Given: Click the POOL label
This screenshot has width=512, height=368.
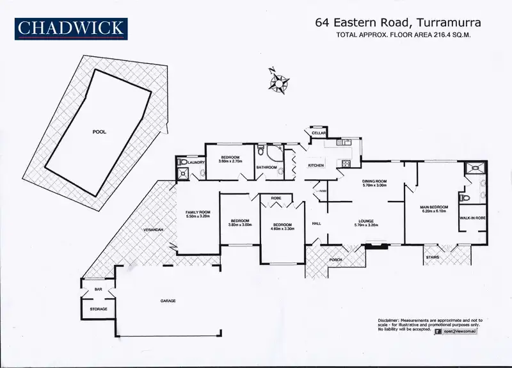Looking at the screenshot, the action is [x=99, y=132].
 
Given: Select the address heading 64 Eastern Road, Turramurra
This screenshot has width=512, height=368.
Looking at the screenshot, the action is [x=398, y=22].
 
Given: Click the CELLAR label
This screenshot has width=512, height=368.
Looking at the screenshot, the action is [x=319, y=133].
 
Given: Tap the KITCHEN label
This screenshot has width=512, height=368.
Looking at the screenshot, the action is [x=316, y=166].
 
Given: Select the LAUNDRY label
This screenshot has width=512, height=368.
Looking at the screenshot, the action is [x=196, y=163].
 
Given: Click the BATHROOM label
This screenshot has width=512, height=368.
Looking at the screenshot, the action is [x=266, y=168].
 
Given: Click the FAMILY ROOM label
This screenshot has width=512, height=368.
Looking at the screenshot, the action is [x=197, y=212].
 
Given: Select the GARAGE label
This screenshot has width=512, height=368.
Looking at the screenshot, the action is [x=168, y=301].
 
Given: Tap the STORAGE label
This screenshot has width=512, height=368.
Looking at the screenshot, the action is [x=98, y=309].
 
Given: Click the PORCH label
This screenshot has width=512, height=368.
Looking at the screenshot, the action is [x=335, y=260].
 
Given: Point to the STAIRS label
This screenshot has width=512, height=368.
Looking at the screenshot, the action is [x=432, y=258].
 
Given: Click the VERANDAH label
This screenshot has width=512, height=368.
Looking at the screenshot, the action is [x=154, y=229].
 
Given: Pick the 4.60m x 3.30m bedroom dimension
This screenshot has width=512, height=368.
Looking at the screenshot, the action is [x=282, y=228].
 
